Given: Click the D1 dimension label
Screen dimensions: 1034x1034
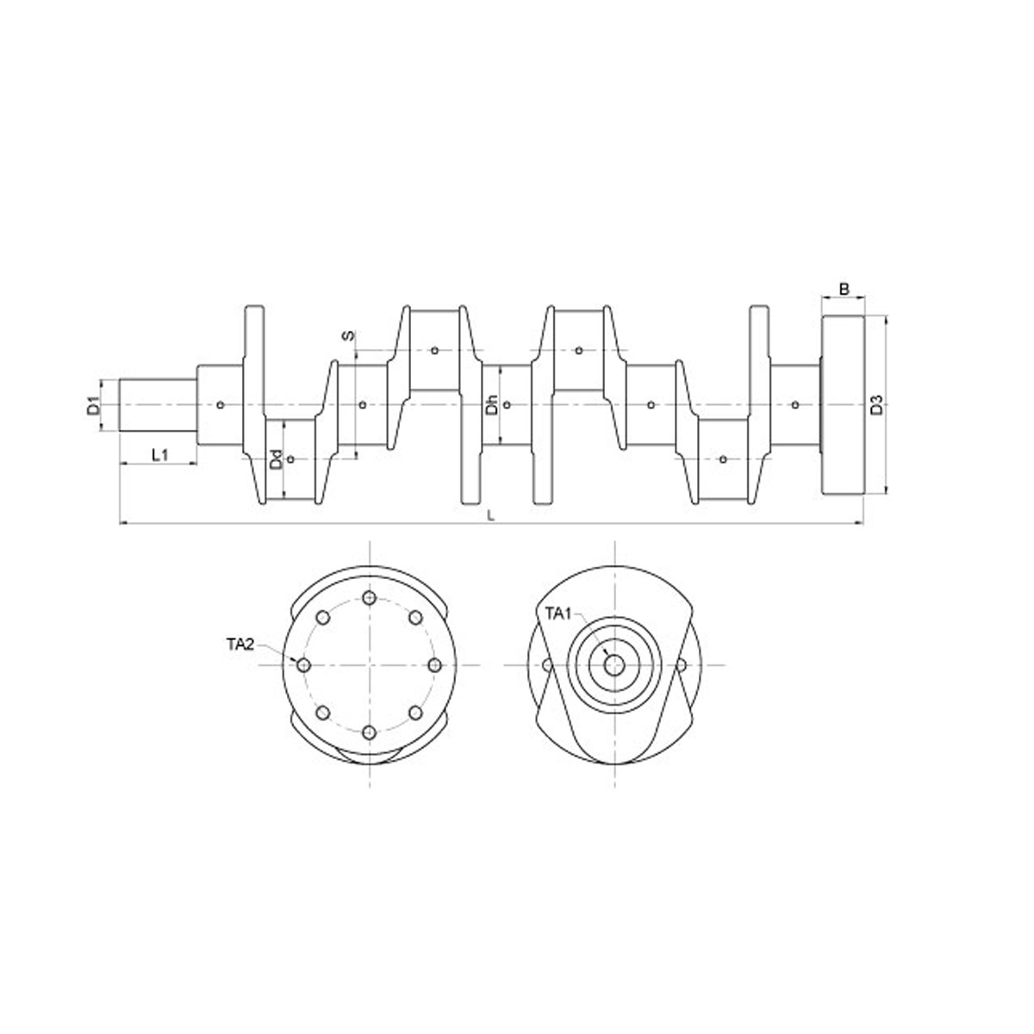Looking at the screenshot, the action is (94, 406).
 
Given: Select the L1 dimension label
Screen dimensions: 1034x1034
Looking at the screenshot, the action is (160, 455).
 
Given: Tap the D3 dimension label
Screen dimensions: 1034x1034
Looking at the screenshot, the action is (876, 405).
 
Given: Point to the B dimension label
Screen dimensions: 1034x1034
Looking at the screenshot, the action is (844, 290).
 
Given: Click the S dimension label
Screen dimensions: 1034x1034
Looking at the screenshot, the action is (348, 335).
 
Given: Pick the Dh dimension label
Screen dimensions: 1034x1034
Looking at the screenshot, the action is (492, 405).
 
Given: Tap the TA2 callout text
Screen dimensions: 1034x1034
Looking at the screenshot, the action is (240, 645).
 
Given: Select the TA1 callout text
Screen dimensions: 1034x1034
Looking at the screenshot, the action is (560, 614).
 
